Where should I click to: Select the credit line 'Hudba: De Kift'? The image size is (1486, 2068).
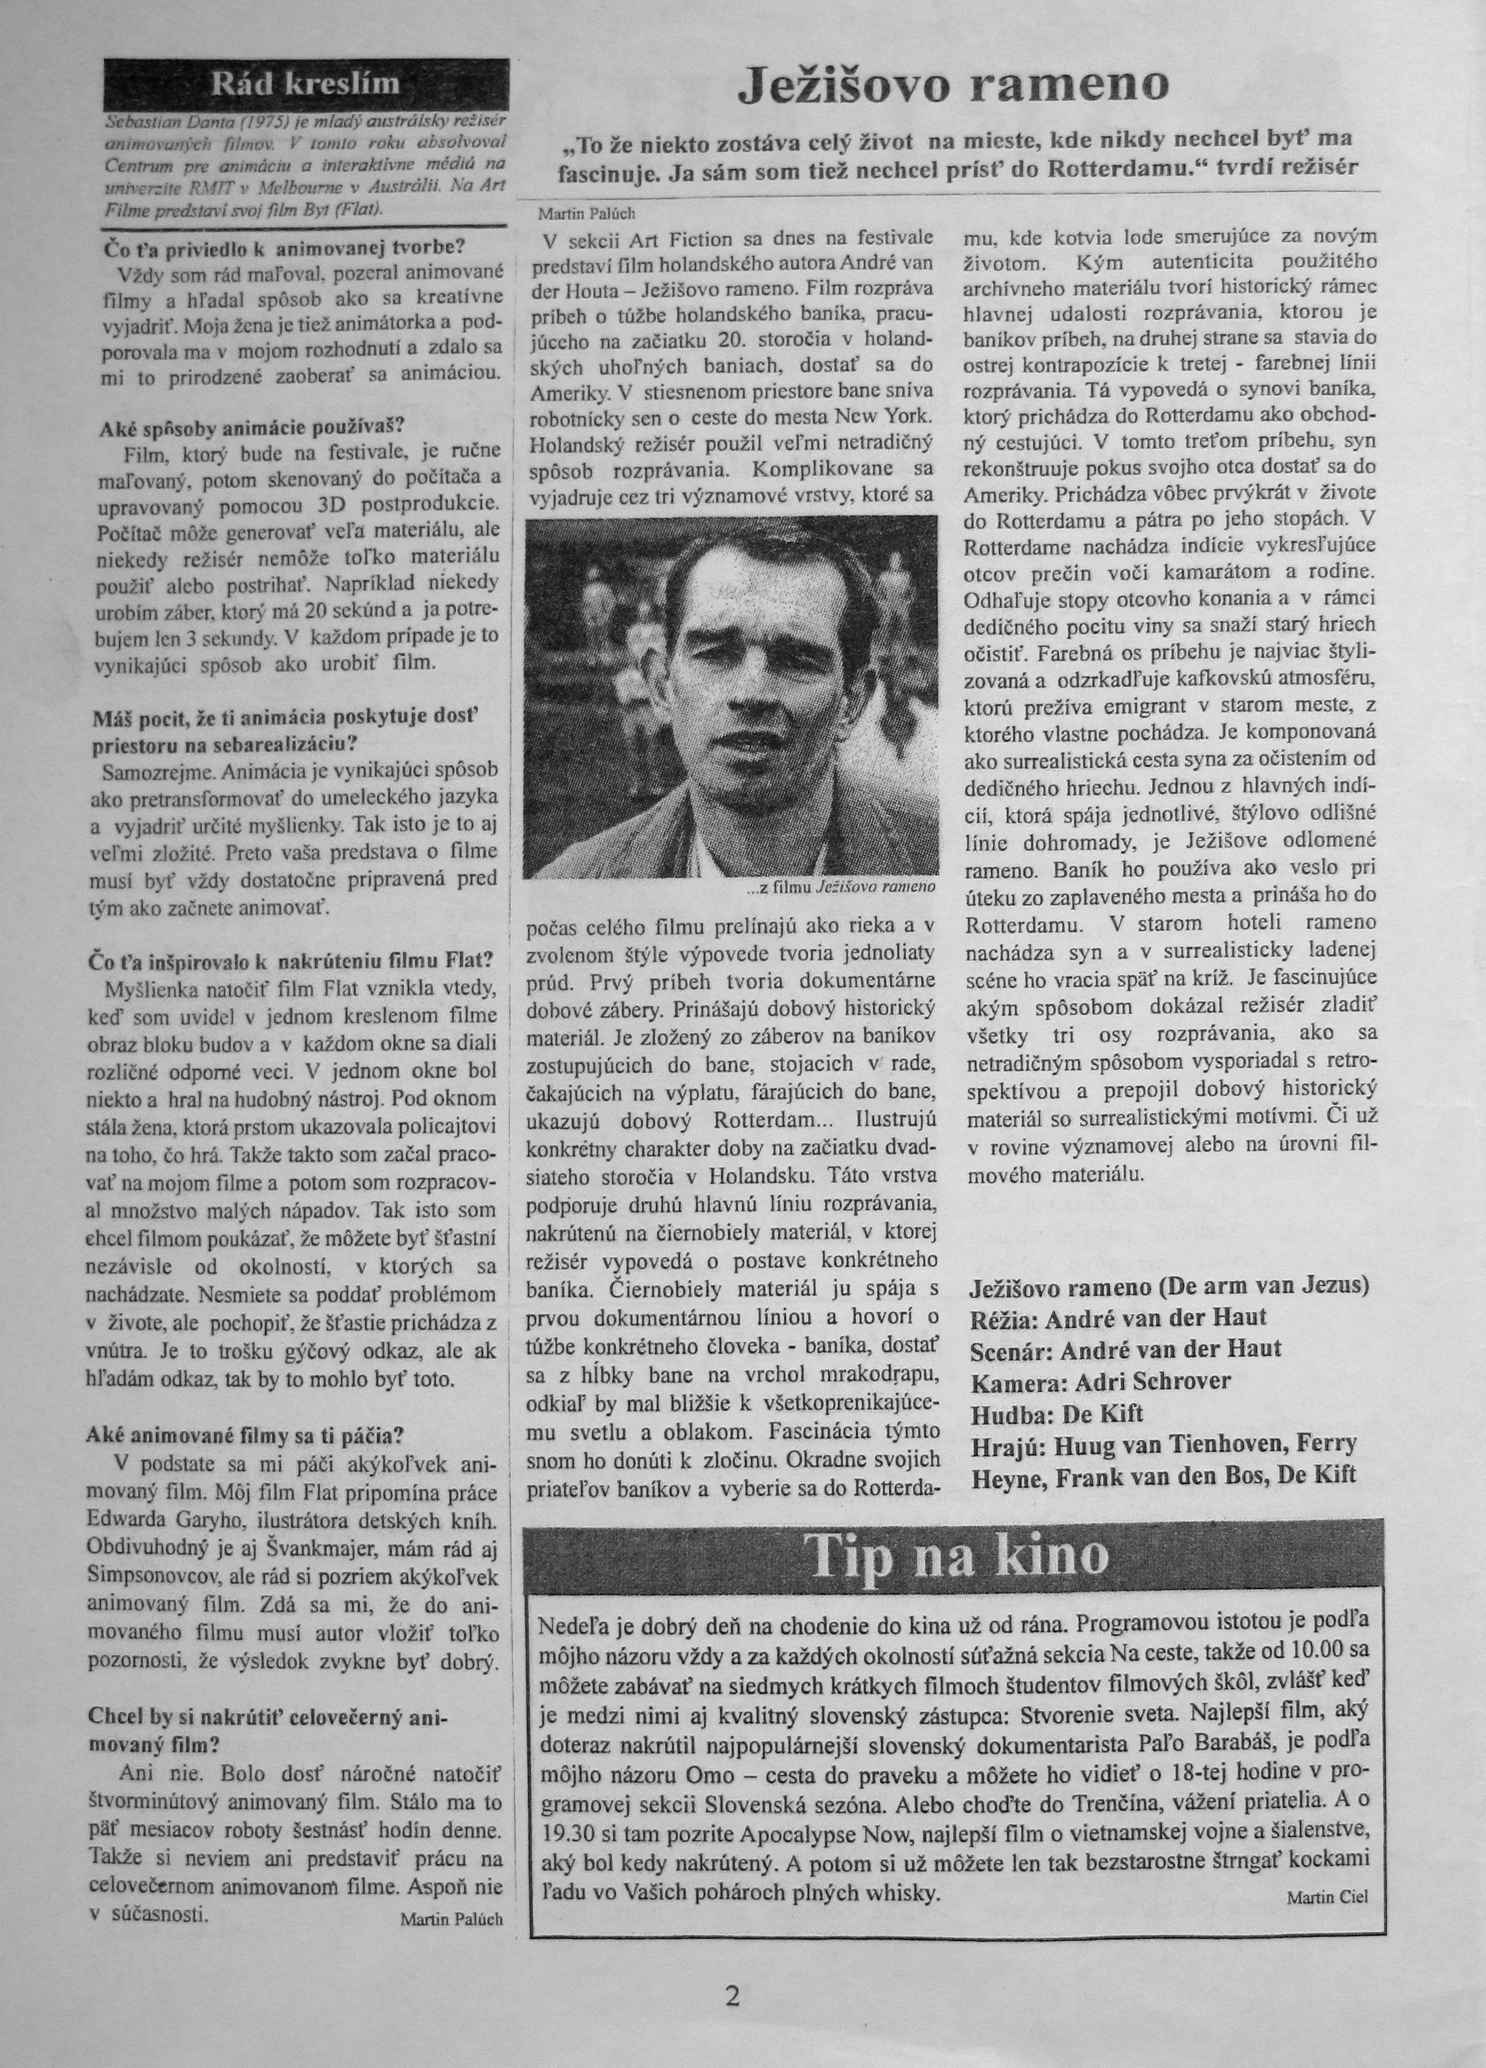tap(1058, 1414)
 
